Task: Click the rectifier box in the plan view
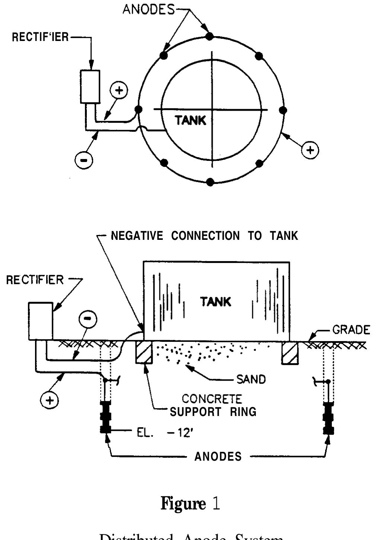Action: (90, 87)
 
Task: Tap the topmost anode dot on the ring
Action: (210, 36)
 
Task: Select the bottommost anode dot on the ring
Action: (210, 182)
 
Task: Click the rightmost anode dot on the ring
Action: (283, 110)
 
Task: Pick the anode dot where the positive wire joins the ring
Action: (138, 109)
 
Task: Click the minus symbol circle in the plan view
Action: (84, 160)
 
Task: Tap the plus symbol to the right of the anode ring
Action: (310, 150)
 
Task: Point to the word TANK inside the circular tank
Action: (190, 120)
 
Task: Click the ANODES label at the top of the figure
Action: (148, 9)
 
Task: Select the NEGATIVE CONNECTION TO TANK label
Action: (204, 236)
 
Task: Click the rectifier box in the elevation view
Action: (41, 321)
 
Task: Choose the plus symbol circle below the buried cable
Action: (50, 400)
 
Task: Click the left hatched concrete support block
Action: (143, 352)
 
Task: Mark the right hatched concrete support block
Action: (290, 353)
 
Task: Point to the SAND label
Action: (251, 379)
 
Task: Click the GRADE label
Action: (351, 330)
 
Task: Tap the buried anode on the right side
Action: (329, 418)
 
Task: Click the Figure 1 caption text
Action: (190, 504)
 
